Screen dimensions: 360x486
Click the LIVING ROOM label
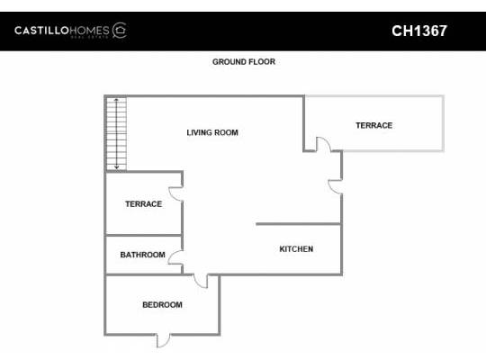212,133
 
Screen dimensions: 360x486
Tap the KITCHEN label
296,249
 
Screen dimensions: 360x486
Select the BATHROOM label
142,255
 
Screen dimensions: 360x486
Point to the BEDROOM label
162,305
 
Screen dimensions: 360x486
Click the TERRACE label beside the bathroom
143,204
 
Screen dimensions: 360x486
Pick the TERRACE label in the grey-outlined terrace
373,125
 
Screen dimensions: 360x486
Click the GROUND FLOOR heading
243,62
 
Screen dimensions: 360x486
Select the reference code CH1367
419,31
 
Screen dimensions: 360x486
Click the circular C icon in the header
120,31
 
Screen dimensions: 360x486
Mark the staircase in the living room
116,133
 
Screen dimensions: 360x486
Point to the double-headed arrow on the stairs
116,133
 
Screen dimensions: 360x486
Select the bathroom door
177,262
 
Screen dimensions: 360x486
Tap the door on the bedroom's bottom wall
163,339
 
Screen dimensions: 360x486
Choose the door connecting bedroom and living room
202,281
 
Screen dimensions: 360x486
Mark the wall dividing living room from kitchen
298,224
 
